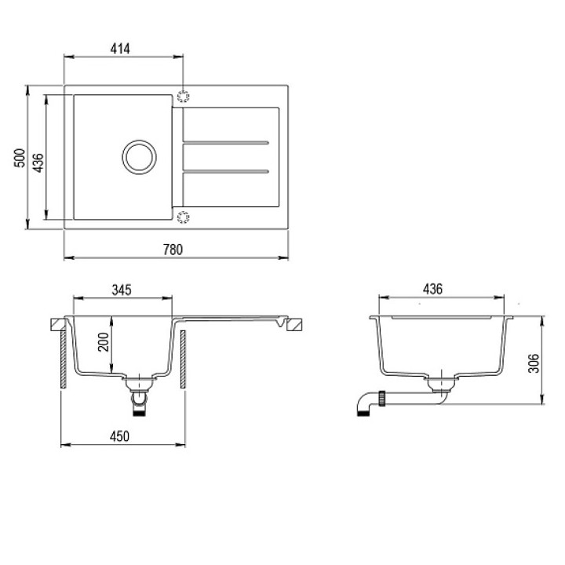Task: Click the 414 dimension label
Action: point(120,49)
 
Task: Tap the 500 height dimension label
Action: point(20,158)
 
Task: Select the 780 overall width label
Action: point(173,250)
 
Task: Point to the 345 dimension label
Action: point(122,290)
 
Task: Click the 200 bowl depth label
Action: point(104,342)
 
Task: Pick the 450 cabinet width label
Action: point(119,436)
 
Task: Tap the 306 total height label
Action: point(534,363)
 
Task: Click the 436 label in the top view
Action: point(38,163)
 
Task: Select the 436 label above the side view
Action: point(432,289)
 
